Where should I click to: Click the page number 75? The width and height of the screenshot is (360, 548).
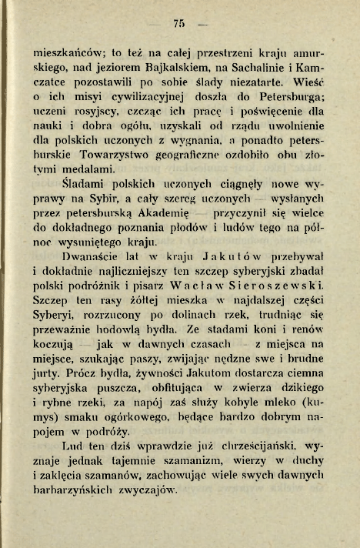(x=182, y=24)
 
